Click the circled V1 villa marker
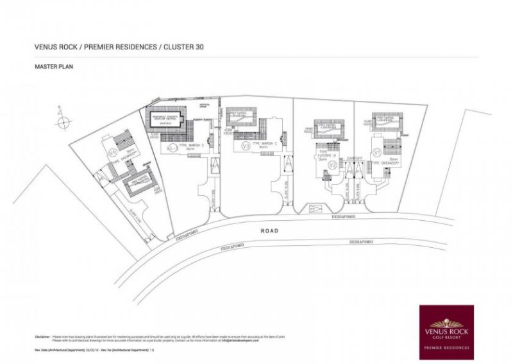tap(377, 153)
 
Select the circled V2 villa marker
tap(332, 165)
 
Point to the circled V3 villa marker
tap(245, 146)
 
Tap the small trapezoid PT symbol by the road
tap(313, 209)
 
